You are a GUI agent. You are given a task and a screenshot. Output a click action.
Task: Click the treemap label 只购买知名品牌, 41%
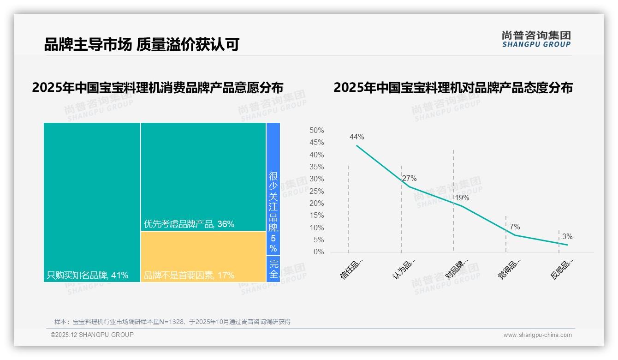tap(87, 276)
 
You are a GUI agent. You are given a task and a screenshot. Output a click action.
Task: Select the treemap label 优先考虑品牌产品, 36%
tap(189, 224)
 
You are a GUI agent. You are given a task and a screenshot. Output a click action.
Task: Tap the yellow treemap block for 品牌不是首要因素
tap(203, 256)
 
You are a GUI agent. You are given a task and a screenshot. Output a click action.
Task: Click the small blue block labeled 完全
tap(273, 269)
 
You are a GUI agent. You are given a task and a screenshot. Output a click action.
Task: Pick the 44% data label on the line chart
tap(357, 137)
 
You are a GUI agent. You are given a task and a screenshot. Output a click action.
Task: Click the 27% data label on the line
tap(409, 179)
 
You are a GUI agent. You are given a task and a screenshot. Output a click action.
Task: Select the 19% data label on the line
tap(462, 198)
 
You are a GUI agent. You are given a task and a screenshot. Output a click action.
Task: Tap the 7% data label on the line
tap(515, 227)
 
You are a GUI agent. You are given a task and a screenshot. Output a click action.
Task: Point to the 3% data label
tap(567, 237)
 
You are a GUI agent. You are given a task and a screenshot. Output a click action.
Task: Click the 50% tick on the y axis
tap(316, 131)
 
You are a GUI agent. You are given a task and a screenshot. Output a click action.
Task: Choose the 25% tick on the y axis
tap(316, 191)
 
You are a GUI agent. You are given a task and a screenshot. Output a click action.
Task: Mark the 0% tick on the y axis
tap(319, 252)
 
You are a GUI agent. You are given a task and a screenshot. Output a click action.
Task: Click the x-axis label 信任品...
tap(352, 269)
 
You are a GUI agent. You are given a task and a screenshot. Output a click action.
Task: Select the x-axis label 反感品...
tap(562, 269)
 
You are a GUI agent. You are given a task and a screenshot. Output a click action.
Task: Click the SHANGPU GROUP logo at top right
tap(536, 39)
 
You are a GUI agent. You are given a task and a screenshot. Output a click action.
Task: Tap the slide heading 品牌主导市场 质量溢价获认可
tap(142, 44)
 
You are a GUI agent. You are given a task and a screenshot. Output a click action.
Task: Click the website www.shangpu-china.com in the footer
tap(537, 335)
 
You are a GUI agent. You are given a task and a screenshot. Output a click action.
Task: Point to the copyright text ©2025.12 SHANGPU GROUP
tap(92, 335)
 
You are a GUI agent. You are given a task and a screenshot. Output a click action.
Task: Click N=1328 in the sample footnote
tap(172, 322)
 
